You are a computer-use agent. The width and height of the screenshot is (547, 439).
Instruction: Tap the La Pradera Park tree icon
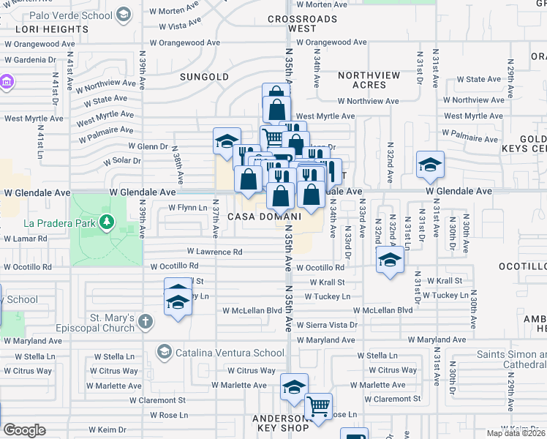pyautogui.click(x=107, y=221)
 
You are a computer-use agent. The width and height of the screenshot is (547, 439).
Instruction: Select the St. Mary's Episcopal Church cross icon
pyautogui.click(x=146, y=321)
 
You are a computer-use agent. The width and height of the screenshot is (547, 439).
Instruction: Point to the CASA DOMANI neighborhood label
pyautogui.click(x=264, y=217)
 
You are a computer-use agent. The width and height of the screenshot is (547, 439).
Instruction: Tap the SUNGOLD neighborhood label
pyautogui.click(x=205, y=77)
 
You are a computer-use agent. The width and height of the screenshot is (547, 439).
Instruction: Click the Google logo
pyautogui.click(x=24, y=429)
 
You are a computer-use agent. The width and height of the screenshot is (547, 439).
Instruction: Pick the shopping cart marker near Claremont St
pyautogui.click(x=318, y=407)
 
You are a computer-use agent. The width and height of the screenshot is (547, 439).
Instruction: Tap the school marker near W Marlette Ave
pyautogui.click(x=295, y=387)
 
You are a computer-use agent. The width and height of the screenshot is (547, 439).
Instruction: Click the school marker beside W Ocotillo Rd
pyautogui.click(x=390, y=260)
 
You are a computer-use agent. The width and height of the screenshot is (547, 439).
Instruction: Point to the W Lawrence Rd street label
pyautogui.click(x=214, y=252)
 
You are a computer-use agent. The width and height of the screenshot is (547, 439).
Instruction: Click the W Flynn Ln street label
pyautogui.click(x=188, y=208)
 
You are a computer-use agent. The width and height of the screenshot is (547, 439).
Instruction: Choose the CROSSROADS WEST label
pyautogui.click(x=302, y=23)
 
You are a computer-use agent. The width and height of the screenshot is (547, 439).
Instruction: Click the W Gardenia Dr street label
pyautogui.click(x=30, y=60)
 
